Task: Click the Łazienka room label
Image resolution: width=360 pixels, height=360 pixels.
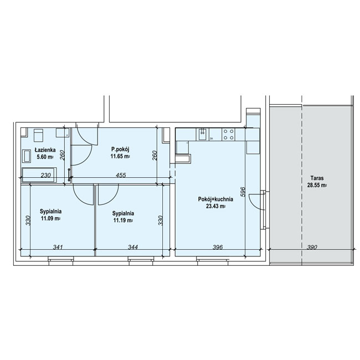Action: point(45,150)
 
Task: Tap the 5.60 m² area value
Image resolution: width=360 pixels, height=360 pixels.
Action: point(45,157)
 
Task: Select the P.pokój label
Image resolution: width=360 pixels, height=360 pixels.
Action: point(120,150)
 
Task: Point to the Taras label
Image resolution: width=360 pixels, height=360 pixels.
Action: point(317,178)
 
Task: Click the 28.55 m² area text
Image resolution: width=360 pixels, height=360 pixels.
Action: point(317,186)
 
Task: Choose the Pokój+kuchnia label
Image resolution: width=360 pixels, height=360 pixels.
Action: point(215,199)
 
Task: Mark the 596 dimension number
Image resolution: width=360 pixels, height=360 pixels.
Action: point(243,192)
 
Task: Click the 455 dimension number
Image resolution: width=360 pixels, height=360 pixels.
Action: point(121,175)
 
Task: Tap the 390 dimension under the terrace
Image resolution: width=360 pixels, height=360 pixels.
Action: point(312,247)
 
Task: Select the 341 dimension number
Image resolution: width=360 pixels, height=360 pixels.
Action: point(58,247)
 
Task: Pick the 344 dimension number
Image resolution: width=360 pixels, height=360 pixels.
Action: point(133,247)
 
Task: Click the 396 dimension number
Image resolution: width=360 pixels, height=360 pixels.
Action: point(218,247)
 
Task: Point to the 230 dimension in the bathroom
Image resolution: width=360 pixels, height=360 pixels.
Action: point(45,175)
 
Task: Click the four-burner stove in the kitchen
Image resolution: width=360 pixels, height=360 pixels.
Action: point(228,135)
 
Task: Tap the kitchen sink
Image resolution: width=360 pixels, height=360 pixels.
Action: point(203,135)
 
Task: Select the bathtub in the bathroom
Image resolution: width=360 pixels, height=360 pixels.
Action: point(39,175)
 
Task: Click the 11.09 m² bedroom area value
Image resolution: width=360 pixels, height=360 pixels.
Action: point(50,218)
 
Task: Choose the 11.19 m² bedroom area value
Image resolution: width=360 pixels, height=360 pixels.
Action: point(123,220)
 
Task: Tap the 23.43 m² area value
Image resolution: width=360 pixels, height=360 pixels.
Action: point(215,206)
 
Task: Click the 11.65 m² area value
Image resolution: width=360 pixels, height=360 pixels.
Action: point(120,157)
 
